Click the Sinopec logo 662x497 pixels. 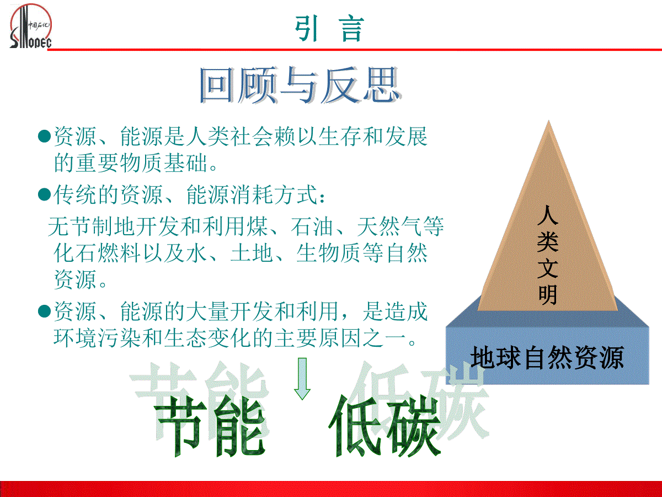(30, 26)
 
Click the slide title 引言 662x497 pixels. (329, 29)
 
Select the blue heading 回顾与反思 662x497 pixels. (300, 85)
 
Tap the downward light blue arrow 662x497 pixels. (302, 379)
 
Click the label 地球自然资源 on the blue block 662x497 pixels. (547, 358)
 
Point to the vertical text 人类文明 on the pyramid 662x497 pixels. (548, 255)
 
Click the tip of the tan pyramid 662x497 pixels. (548, 120)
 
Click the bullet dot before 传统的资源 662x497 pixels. (44, 194)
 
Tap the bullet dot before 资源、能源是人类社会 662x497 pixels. (44, 136)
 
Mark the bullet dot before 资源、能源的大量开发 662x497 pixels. (44, 311)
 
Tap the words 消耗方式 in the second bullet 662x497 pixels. (274, 194)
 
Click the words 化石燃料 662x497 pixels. (97, 253)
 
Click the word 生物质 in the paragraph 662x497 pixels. (329, 253)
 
